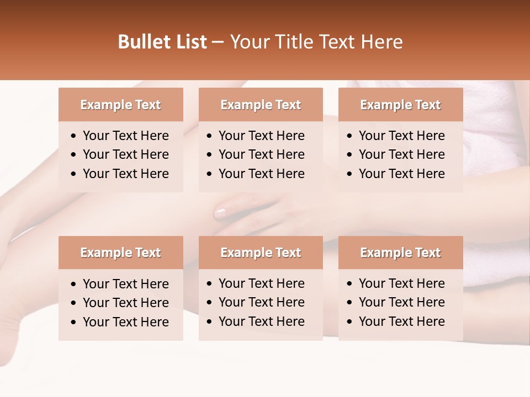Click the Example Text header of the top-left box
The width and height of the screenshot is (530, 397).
tap(120, 105)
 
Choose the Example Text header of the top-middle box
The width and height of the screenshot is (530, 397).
tap(261, 105)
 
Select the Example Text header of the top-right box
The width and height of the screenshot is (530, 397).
tap(400, 105)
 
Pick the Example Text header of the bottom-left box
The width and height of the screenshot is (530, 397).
tap(120, 253)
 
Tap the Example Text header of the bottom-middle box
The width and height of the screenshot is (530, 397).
tap(261, 253)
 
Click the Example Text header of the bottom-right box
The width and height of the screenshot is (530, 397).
tap(400, 253)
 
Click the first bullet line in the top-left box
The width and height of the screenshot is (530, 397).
tap(125, 136)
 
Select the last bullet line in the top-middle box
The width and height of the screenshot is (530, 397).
tap(261, 174)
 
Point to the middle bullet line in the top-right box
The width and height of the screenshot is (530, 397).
tap(401, 154)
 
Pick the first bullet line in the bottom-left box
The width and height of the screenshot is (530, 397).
tap(125, 284)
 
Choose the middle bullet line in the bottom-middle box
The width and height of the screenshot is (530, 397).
tap(261, 302)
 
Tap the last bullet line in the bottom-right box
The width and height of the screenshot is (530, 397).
tap(401, 321)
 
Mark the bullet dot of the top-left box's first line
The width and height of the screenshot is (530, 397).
tap(74, 136)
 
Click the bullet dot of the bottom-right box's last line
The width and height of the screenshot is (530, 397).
tap(350, 322)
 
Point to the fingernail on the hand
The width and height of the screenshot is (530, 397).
tap(220, 212)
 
